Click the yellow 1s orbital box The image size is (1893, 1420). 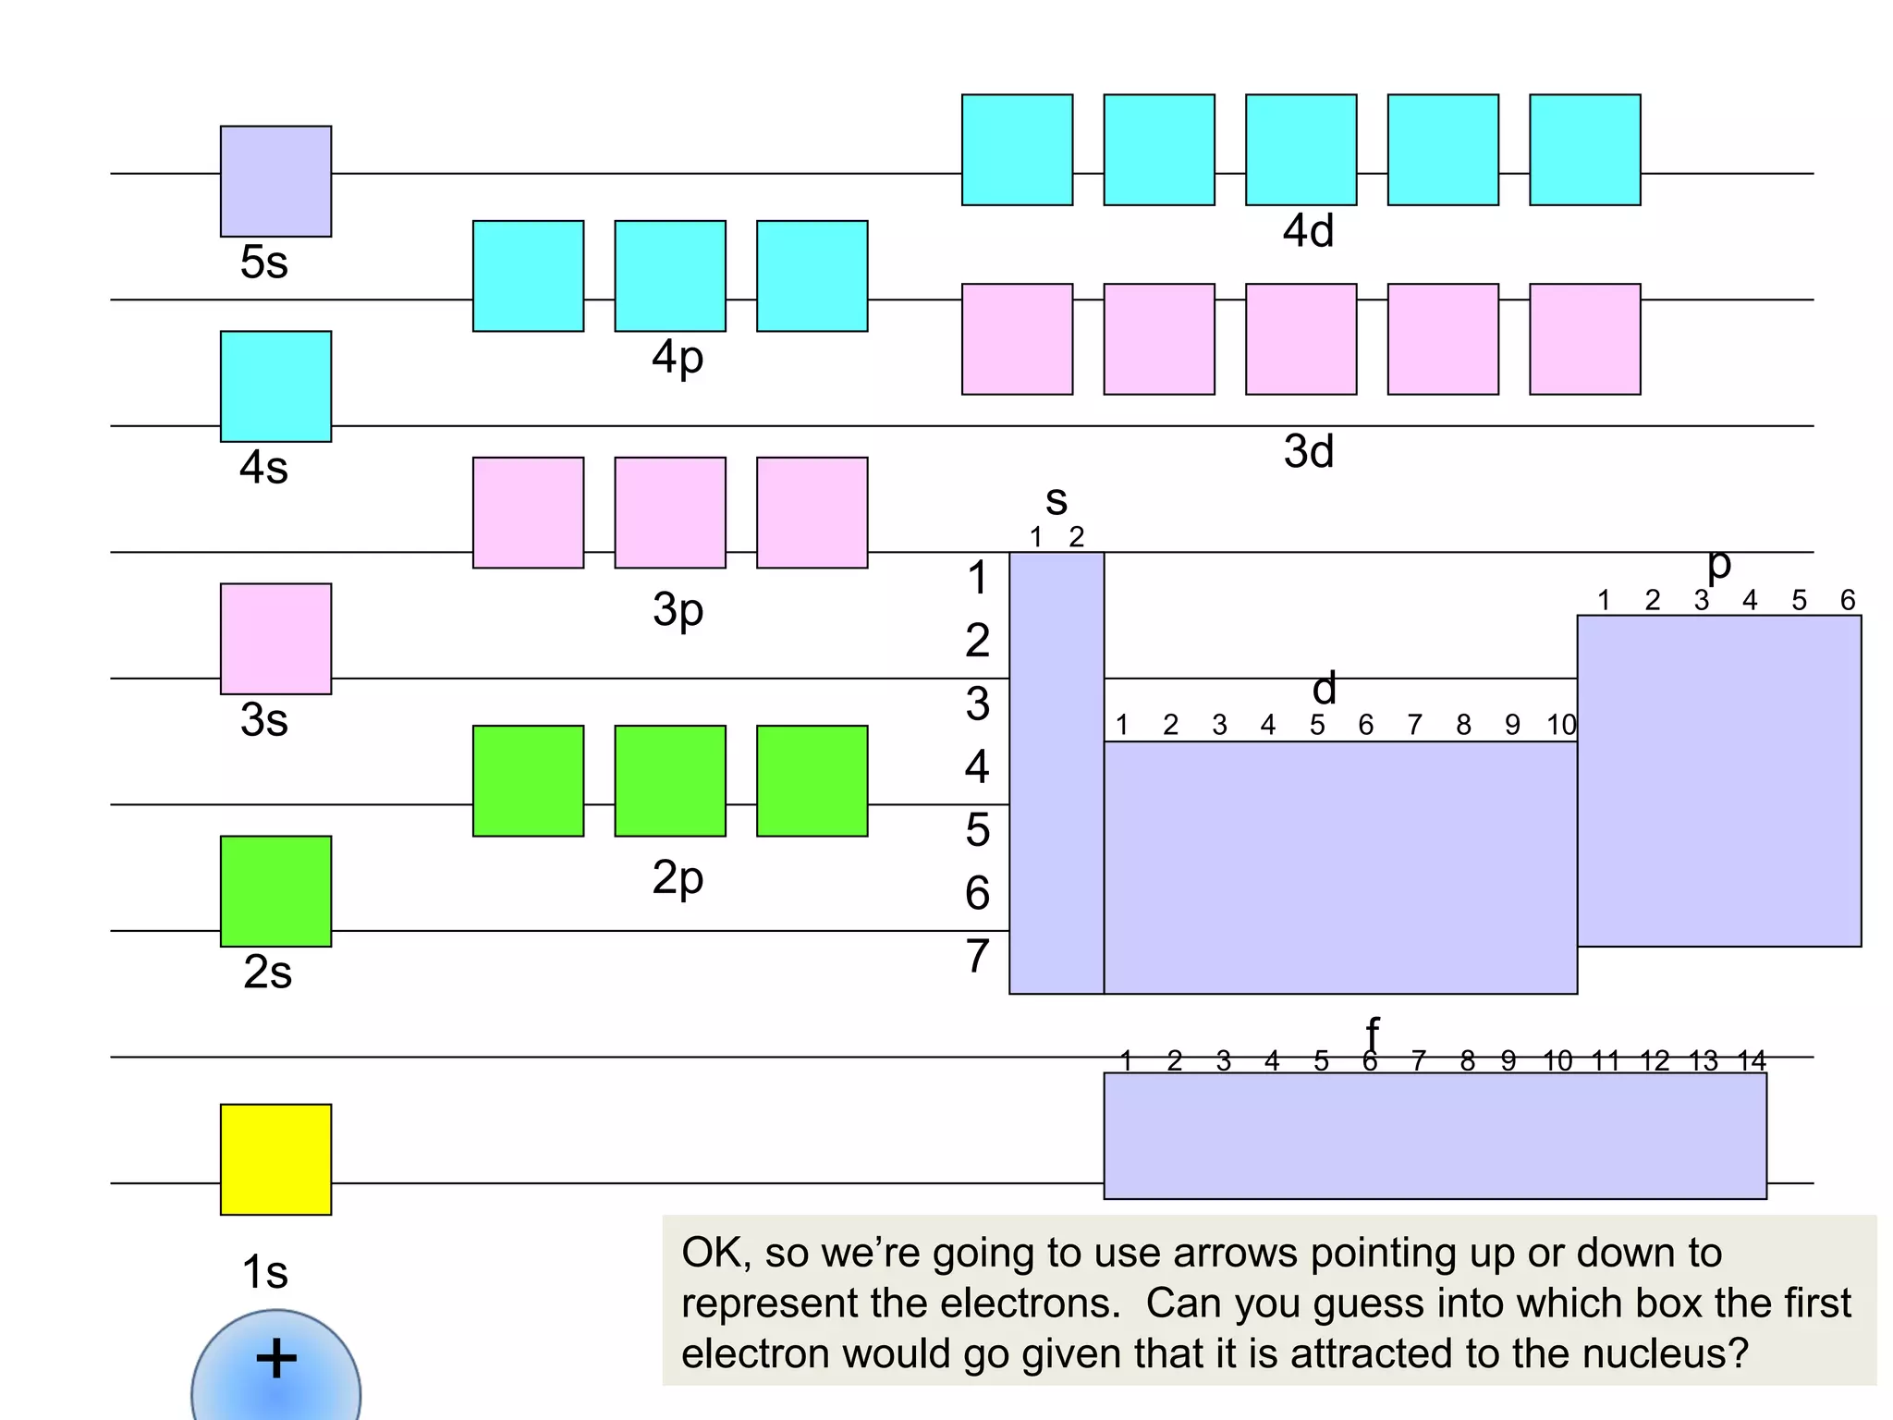(275, 1159)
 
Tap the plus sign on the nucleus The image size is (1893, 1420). (275, 1359)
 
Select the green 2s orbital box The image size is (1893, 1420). (275, 891)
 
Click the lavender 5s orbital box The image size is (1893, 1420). (275, 181)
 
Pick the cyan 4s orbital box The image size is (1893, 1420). (275, 386)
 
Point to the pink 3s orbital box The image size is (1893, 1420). (275, 639)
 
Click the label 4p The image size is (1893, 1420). (678, 358)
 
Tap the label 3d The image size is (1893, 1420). (1308, 452)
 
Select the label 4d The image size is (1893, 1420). (1308, 231)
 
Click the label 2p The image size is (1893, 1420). (678, 877)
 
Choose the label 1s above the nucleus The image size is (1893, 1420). (264, 1272)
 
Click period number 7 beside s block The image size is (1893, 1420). (977, 956)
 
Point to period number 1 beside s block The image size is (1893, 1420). (977, 578)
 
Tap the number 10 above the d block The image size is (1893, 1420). (1561, 726)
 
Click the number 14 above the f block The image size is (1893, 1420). (1752, 1061)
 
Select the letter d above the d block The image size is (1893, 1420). (1325, 689)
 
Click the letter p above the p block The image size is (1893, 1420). (1718, 564)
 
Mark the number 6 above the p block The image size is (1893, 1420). (1847, 601)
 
